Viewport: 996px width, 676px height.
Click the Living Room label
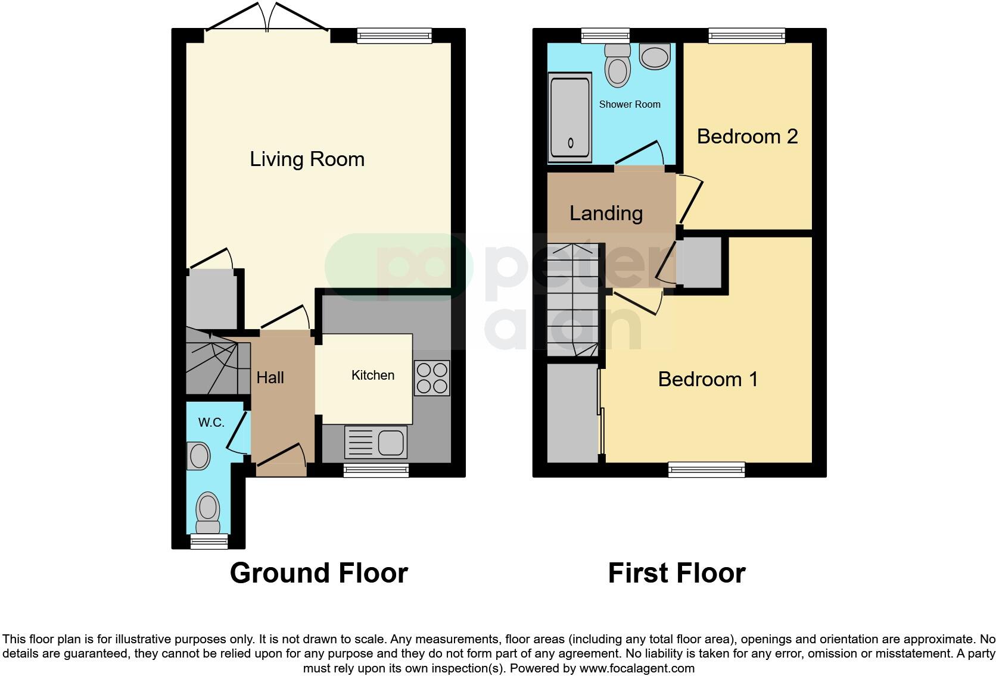[307, 159]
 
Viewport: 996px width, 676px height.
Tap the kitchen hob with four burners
[432, 378]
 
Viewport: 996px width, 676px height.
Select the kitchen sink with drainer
[376, 442]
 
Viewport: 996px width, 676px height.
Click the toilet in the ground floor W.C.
[208, 512]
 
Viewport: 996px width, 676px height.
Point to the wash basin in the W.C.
[198, 456]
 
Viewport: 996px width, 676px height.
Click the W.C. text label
[211, 422]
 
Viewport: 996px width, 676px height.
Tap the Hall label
[270, 377]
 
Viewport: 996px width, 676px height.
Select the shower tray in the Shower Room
[570, 117]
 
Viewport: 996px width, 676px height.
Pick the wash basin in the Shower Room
[655, 57]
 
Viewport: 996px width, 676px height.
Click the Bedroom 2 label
[747, 136]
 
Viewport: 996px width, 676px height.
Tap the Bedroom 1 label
[708, 379]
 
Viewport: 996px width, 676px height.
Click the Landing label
[606, 213]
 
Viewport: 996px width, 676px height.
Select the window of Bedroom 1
[706, 470]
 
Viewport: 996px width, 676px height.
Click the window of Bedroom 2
[747, 36]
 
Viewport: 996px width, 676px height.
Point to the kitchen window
[376, 471]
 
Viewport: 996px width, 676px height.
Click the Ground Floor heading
[319, 573]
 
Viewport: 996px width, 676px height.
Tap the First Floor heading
[676, 573]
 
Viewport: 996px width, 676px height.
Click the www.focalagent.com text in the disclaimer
[637, 668]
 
